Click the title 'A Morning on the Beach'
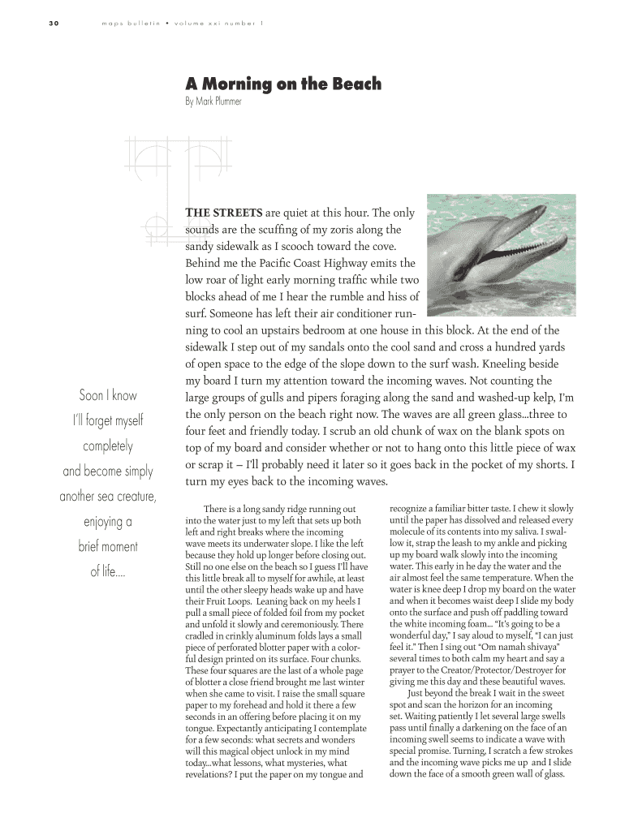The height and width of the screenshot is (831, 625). (x=283, y=84)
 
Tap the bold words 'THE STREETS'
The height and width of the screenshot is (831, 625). (x=223, y=213)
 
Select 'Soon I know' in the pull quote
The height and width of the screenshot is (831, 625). (x=108, y=396)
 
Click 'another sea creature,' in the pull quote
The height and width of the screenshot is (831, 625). (x=108, y=497)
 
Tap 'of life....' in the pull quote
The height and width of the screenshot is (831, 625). (x=108, y=571)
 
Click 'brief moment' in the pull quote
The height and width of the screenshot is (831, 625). (x=108, y=546)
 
